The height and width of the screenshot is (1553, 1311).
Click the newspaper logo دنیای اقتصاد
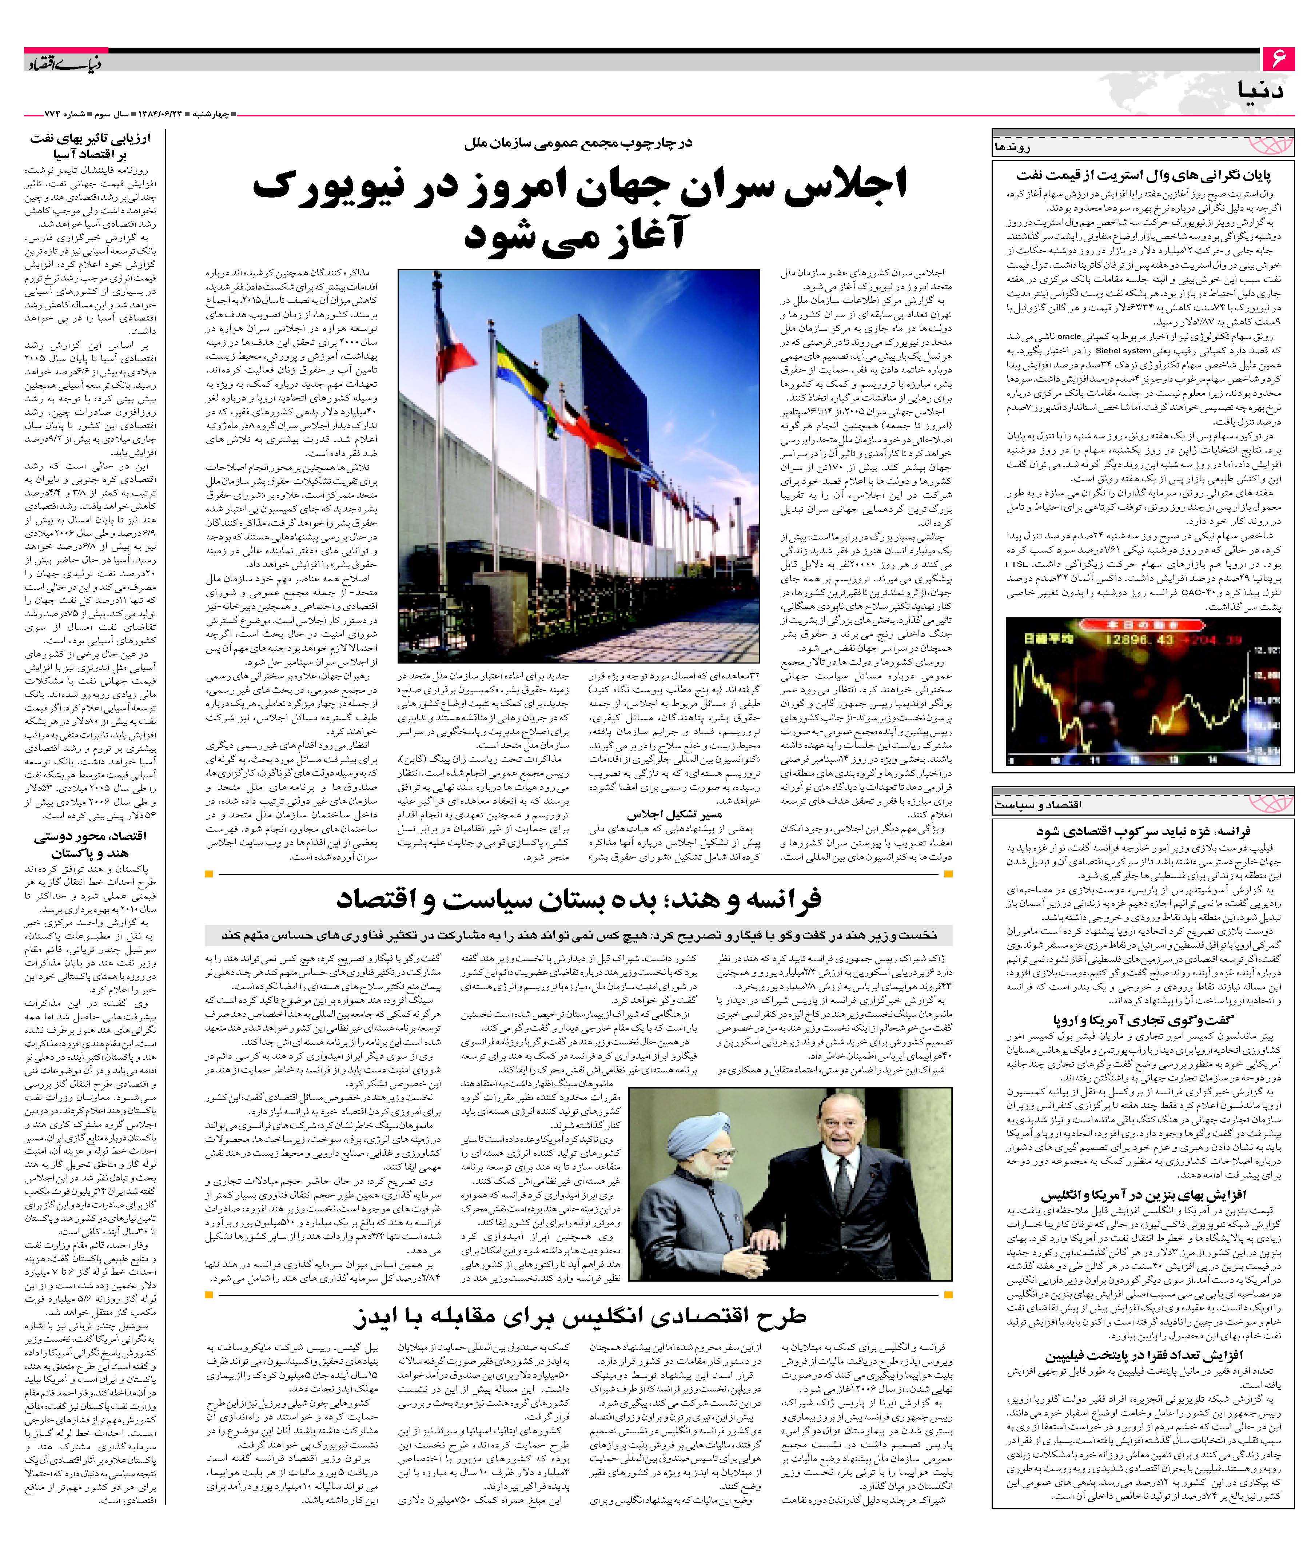point(65,64)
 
